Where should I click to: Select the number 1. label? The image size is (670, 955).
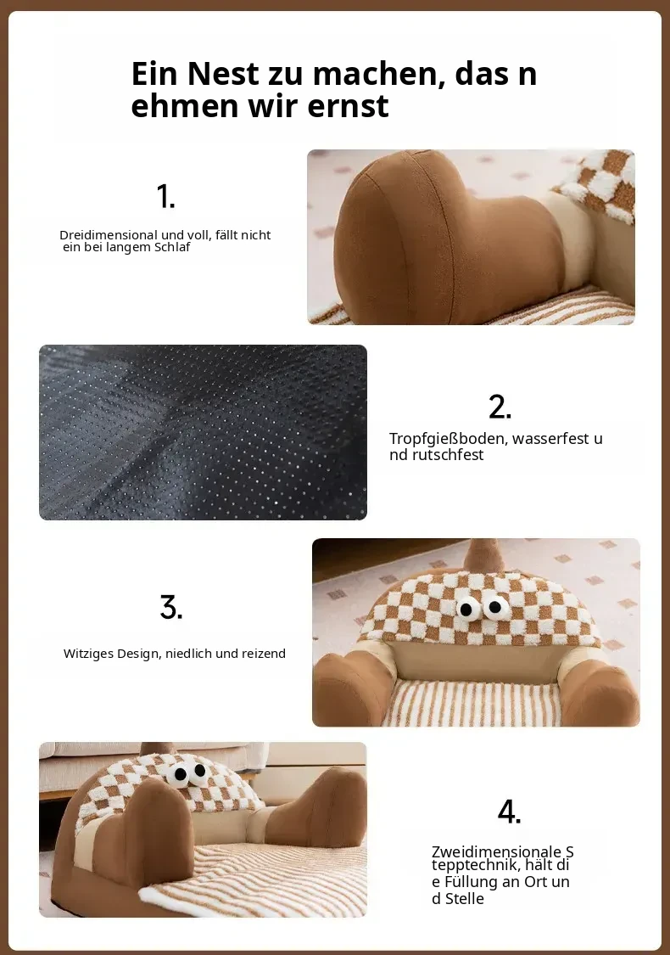point(165,196)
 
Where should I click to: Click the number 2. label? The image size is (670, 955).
point(500,407)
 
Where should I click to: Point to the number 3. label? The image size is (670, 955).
point(171,607)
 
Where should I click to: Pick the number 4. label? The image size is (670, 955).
point(510,812)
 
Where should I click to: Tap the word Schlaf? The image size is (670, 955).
point(172,247)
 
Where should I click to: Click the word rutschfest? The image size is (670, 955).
point(447,455)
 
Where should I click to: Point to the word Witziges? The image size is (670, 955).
point(88,654)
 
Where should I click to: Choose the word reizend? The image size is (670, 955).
point(264,654)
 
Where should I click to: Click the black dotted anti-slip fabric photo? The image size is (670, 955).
point(204,432)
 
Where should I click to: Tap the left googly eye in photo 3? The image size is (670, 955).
point(466,609)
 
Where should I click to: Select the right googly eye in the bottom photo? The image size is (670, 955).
point(198,772)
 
